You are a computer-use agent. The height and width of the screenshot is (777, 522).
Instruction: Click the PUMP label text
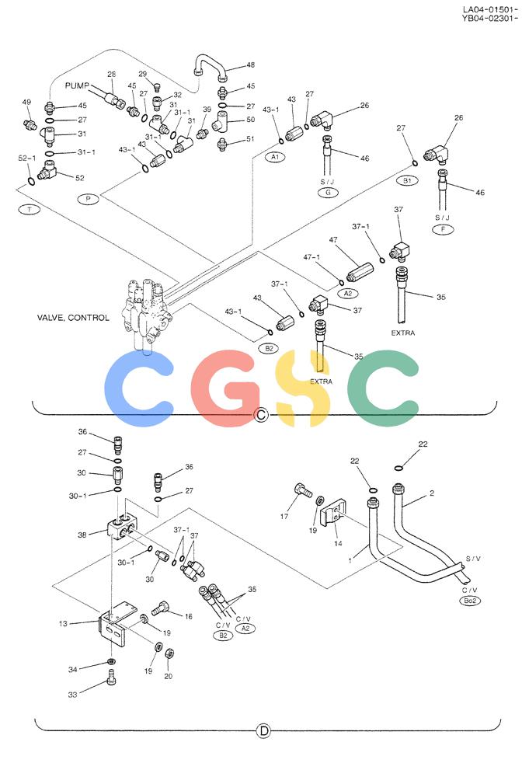pos(77,85)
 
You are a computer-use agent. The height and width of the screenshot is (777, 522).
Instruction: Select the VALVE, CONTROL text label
pos(73,318)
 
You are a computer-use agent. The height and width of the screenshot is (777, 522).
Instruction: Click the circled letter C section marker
pos(260,414)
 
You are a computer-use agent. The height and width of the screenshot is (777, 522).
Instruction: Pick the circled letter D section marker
pos(264,731)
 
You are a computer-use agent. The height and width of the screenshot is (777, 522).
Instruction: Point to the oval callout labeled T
pos(30,210)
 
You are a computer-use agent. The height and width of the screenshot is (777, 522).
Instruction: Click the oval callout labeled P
pos(88,199)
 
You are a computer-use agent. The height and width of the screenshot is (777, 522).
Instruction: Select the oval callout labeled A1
pos(275,157)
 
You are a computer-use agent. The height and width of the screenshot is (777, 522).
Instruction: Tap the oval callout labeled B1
pos(407,181)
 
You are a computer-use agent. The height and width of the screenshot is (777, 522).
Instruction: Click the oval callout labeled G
pos(328,192)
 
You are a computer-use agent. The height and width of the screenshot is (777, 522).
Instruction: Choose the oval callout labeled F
pos(443,229)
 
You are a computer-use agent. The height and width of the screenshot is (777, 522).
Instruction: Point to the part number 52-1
pos(27,158)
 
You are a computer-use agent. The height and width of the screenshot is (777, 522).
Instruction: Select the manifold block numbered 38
pos(122,528)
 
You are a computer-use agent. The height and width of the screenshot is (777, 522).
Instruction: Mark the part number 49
pos(26,102)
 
